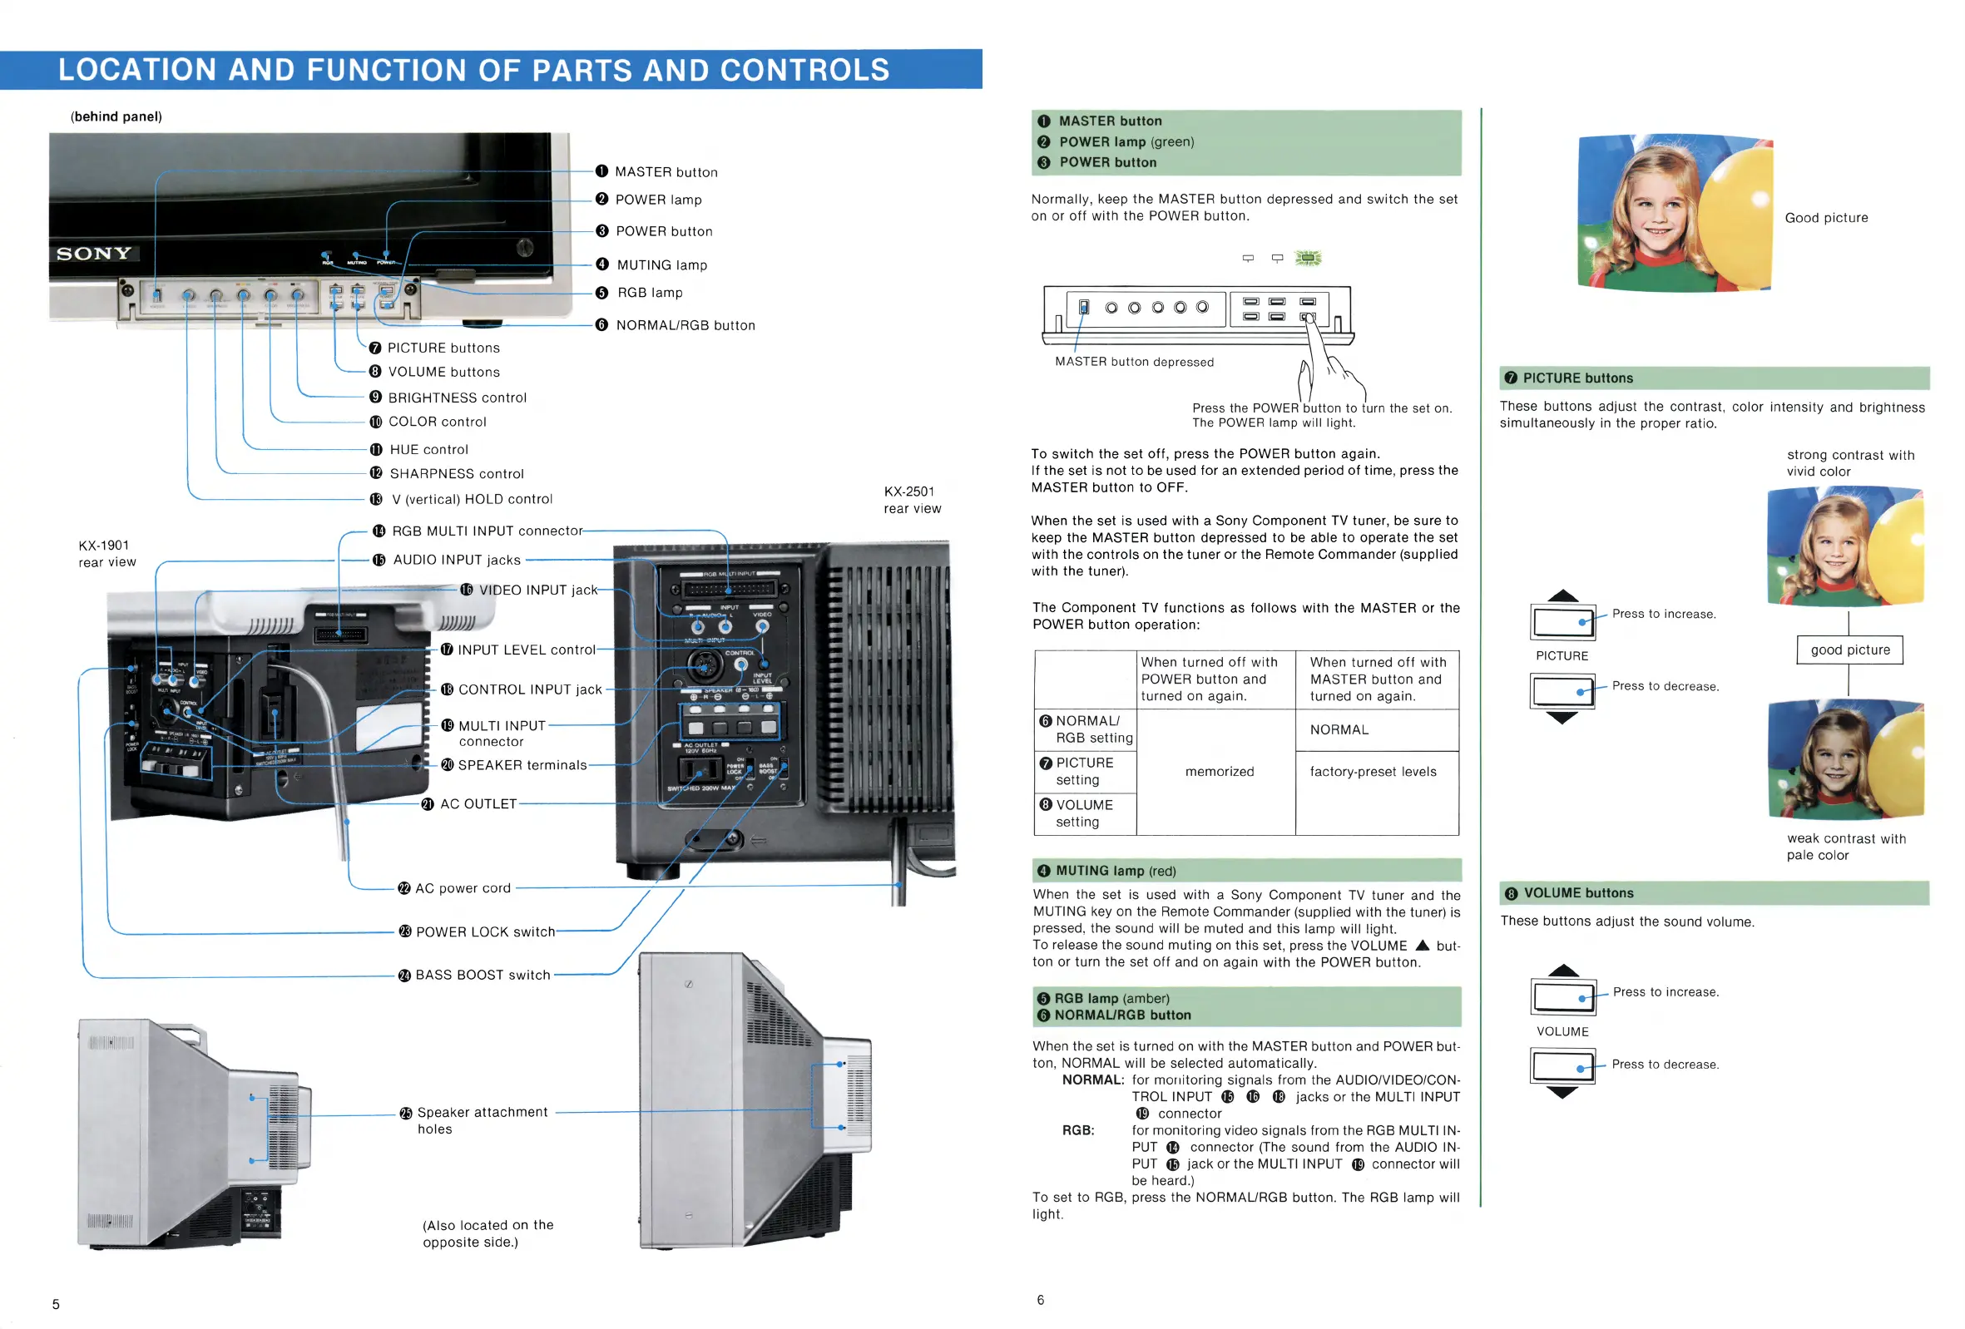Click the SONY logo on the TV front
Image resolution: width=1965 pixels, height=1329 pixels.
coord(94,254)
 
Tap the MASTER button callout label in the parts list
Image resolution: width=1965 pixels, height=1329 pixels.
coord(666,171)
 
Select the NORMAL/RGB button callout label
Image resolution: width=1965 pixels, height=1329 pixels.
coord(685,325)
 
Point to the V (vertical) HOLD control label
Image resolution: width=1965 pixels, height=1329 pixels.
coord(471,500)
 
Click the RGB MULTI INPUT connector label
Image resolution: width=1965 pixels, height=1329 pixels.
coord(486,531)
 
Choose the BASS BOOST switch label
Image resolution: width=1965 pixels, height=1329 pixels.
coord(482,975)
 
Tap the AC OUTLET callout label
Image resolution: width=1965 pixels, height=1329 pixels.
coord(478,804)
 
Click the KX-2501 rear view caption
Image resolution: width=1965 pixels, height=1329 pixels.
coord(912,500)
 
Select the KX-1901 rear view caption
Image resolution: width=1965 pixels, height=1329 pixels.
coord(106,554)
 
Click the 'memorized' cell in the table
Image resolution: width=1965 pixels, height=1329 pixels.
coord(1220,772)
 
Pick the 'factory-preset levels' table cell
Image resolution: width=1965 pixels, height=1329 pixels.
coord(1373,772)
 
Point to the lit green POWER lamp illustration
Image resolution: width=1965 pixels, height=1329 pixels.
coord(1308,258)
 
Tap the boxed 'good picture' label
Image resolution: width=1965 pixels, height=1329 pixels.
coord(1849,650)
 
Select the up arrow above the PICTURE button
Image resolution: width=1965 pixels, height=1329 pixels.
coord(1562,595)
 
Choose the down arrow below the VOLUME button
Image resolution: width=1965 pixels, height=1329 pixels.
coord(1562,1093)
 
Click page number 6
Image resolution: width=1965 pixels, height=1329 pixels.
coord(1040,1299)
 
